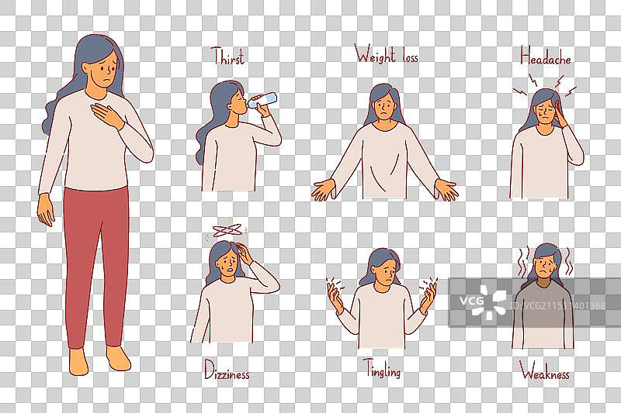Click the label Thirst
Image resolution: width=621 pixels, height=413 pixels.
coord(227,56)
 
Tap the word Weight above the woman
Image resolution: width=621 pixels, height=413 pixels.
coord(375,54)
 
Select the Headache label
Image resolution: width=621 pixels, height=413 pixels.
coord(546,56)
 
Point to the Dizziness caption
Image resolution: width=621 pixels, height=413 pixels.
coord(227,370)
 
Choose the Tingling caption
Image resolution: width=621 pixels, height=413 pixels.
coord(383,369)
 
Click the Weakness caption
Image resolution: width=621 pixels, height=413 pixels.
coord(545,371)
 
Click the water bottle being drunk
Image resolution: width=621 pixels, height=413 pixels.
coord(262,100)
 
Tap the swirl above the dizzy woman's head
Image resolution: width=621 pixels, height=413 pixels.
coord(227,229)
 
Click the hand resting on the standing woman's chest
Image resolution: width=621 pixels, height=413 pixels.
coord(106,115)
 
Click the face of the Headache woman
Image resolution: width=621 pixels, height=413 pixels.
coord(545,112)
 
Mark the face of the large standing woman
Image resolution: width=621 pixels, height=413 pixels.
coord(104,71)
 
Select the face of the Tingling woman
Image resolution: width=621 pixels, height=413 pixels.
coord(385,273)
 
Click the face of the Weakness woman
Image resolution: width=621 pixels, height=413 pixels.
coord(546,268)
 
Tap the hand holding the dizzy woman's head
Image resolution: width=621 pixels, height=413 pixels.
coord(245,254)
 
